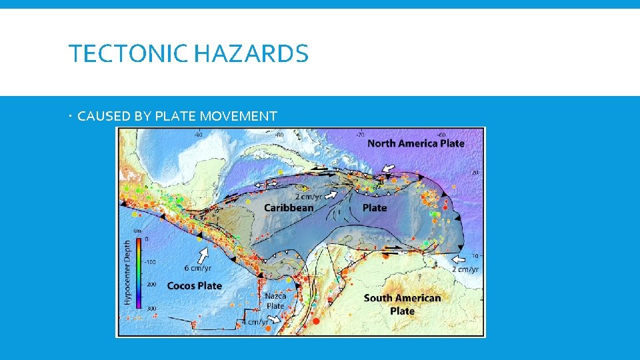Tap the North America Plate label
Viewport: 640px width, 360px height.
pyautogui.click(x=416, y=143)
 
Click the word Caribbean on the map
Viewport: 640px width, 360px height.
pyautogui.click(x=289, y=207)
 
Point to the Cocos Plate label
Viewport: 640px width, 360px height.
pyautogui.click(x=194, y=285)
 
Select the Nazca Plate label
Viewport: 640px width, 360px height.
pyautogui.click(x=275, y=301)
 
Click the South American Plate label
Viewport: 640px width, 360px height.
pyautogui.click(x=402, y=304)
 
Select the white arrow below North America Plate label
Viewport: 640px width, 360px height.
pyautogui.click(x=387, y=168)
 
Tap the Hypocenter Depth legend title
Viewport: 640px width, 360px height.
pyautogui.click(x=127, y=272)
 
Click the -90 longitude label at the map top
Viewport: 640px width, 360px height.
pyautogui.click(x=198, y=134)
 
